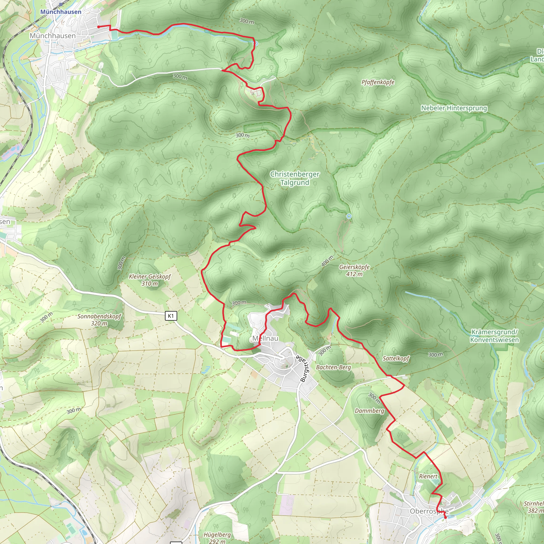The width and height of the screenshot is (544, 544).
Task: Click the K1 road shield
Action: pos(171,316)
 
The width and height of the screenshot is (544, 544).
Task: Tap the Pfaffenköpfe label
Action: pos(378,82)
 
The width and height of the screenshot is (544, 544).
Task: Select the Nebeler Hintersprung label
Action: pos(454,108)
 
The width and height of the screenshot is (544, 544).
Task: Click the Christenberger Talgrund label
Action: pos(295,178)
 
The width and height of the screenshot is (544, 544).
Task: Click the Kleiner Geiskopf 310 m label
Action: pos(150,280)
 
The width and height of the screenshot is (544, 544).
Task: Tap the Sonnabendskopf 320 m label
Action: pos(99,320)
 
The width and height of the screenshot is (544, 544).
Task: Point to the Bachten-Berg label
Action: pos(333,367)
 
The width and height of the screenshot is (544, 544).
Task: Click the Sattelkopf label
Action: pos(396,358)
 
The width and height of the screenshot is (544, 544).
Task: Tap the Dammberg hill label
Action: pos(369,411)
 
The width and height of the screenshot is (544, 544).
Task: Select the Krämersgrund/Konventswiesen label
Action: pos(494,336)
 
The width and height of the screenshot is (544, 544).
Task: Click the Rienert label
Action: pos(428,477)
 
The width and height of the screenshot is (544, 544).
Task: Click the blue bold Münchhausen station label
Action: pos(61,12)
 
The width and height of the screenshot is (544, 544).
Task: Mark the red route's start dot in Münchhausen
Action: pos(99,27)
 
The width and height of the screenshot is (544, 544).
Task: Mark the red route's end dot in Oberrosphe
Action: pos(445,517)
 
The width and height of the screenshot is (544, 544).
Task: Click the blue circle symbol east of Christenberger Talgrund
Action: pos(349,216)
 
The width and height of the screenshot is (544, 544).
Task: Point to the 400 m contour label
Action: pos(327,261)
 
